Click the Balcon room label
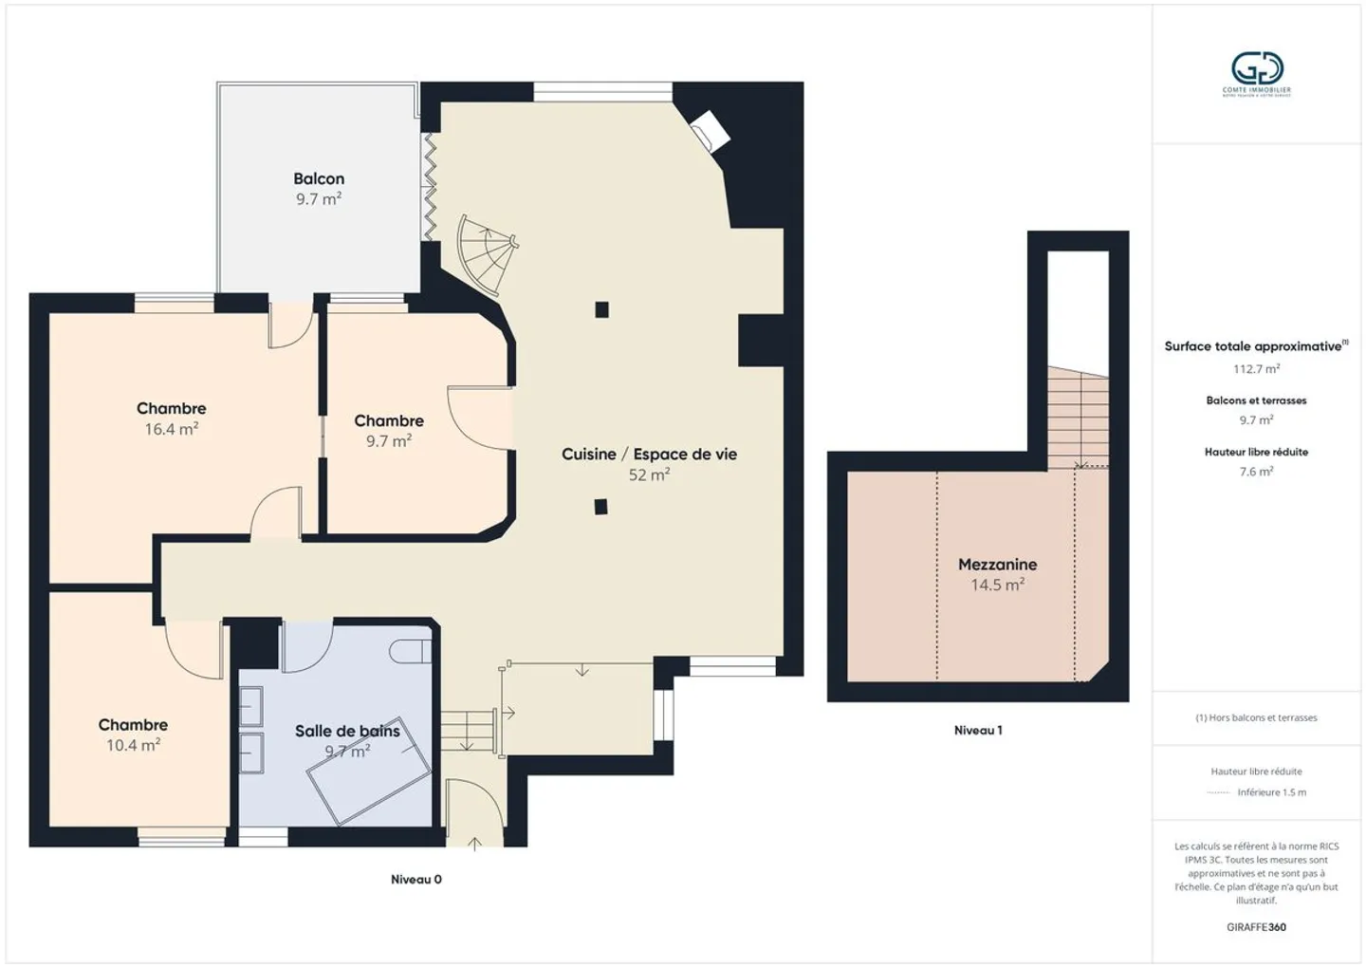(319, 178)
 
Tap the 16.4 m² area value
(171, 429)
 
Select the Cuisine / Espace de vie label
(649, 454)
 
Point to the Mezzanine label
(997, 564)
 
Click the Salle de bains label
(347, 731)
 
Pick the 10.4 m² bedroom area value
(133, 746)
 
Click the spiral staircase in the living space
(486, 254)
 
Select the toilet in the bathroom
(410, 651)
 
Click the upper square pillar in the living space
(601, 309)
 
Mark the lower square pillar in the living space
(601, 507)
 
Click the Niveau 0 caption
(415, 880)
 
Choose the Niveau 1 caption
(978, 730)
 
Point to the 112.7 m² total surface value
(1256, 369)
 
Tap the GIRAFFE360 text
(1256, 927)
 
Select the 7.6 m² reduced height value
(1256, 472)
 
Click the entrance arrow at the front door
(474, 841)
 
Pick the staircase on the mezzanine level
(1078, 418)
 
